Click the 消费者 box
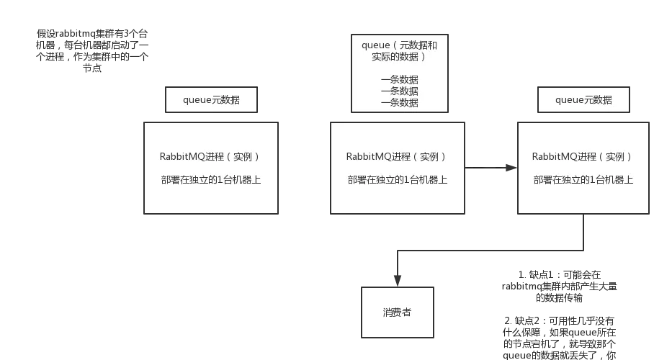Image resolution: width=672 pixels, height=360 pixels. pyautogui.click(x=398, y=312)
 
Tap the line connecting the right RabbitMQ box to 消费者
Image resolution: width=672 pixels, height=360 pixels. pyautogui.click(x=490, y=250)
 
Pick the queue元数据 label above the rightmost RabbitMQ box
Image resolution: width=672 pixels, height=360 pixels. pyautogui.click(x=583, y=100)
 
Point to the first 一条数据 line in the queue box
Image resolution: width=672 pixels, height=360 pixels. pyautogui.click(x=399, y=80)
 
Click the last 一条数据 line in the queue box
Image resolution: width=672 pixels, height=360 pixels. pyautogui.click(x=399, y=103)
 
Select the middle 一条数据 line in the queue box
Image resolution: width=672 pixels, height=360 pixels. pyautogui.click(x=399, y=91)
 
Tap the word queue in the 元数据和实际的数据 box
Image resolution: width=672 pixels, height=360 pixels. pyautogui.click(x=376, y=45)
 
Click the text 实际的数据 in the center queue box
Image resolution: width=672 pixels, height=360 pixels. pyautogui.click(x=395, y=57)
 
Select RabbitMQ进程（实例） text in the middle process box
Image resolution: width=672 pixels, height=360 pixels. pyautogui.click(x=397, y=157)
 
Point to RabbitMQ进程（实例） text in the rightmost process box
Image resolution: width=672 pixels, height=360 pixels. pyautogui.click(x=583, y=157)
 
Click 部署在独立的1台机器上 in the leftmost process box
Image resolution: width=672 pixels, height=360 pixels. pyautogui.click(x=211, y=180)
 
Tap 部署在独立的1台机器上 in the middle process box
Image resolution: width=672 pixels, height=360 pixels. pyautogui.click(x=397, y=180)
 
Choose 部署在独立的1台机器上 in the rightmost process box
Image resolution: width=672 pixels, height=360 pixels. pyautogui.click(x=583, y=180)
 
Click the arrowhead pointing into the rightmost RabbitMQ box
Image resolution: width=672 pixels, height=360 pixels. pyautogui.click(x=509, y=167)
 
